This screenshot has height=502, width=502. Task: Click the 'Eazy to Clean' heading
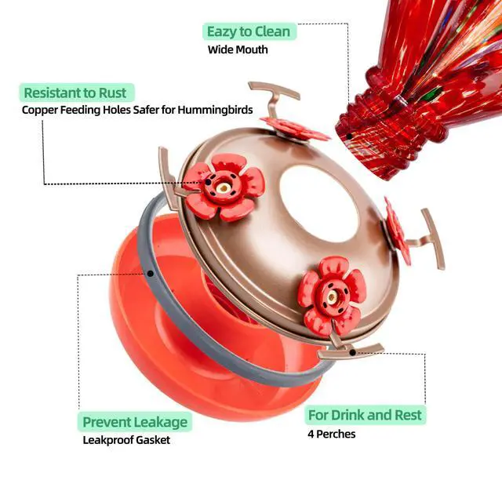[248, 31]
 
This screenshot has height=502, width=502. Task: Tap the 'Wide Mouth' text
[238, 49]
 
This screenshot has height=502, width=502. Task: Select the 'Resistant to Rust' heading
[75, 93]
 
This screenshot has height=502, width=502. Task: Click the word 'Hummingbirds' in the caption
[217, 110]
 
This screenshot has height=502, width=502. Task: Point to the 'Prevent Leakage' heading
[136, 421]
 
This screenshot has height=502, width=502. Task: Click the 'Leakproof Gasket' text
[126, 439]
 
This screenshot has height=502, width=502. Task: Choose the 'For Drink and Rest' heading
[365, 414]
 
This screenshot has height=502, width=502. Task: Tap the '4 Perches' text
[331, 434]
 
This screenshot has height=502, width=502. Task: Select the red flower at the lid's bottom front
[330, 297]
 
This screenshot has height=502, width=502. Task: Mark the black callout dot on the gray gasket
[150, 274]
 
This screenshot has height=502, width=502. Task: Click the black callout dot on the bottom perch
[353, 352]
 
